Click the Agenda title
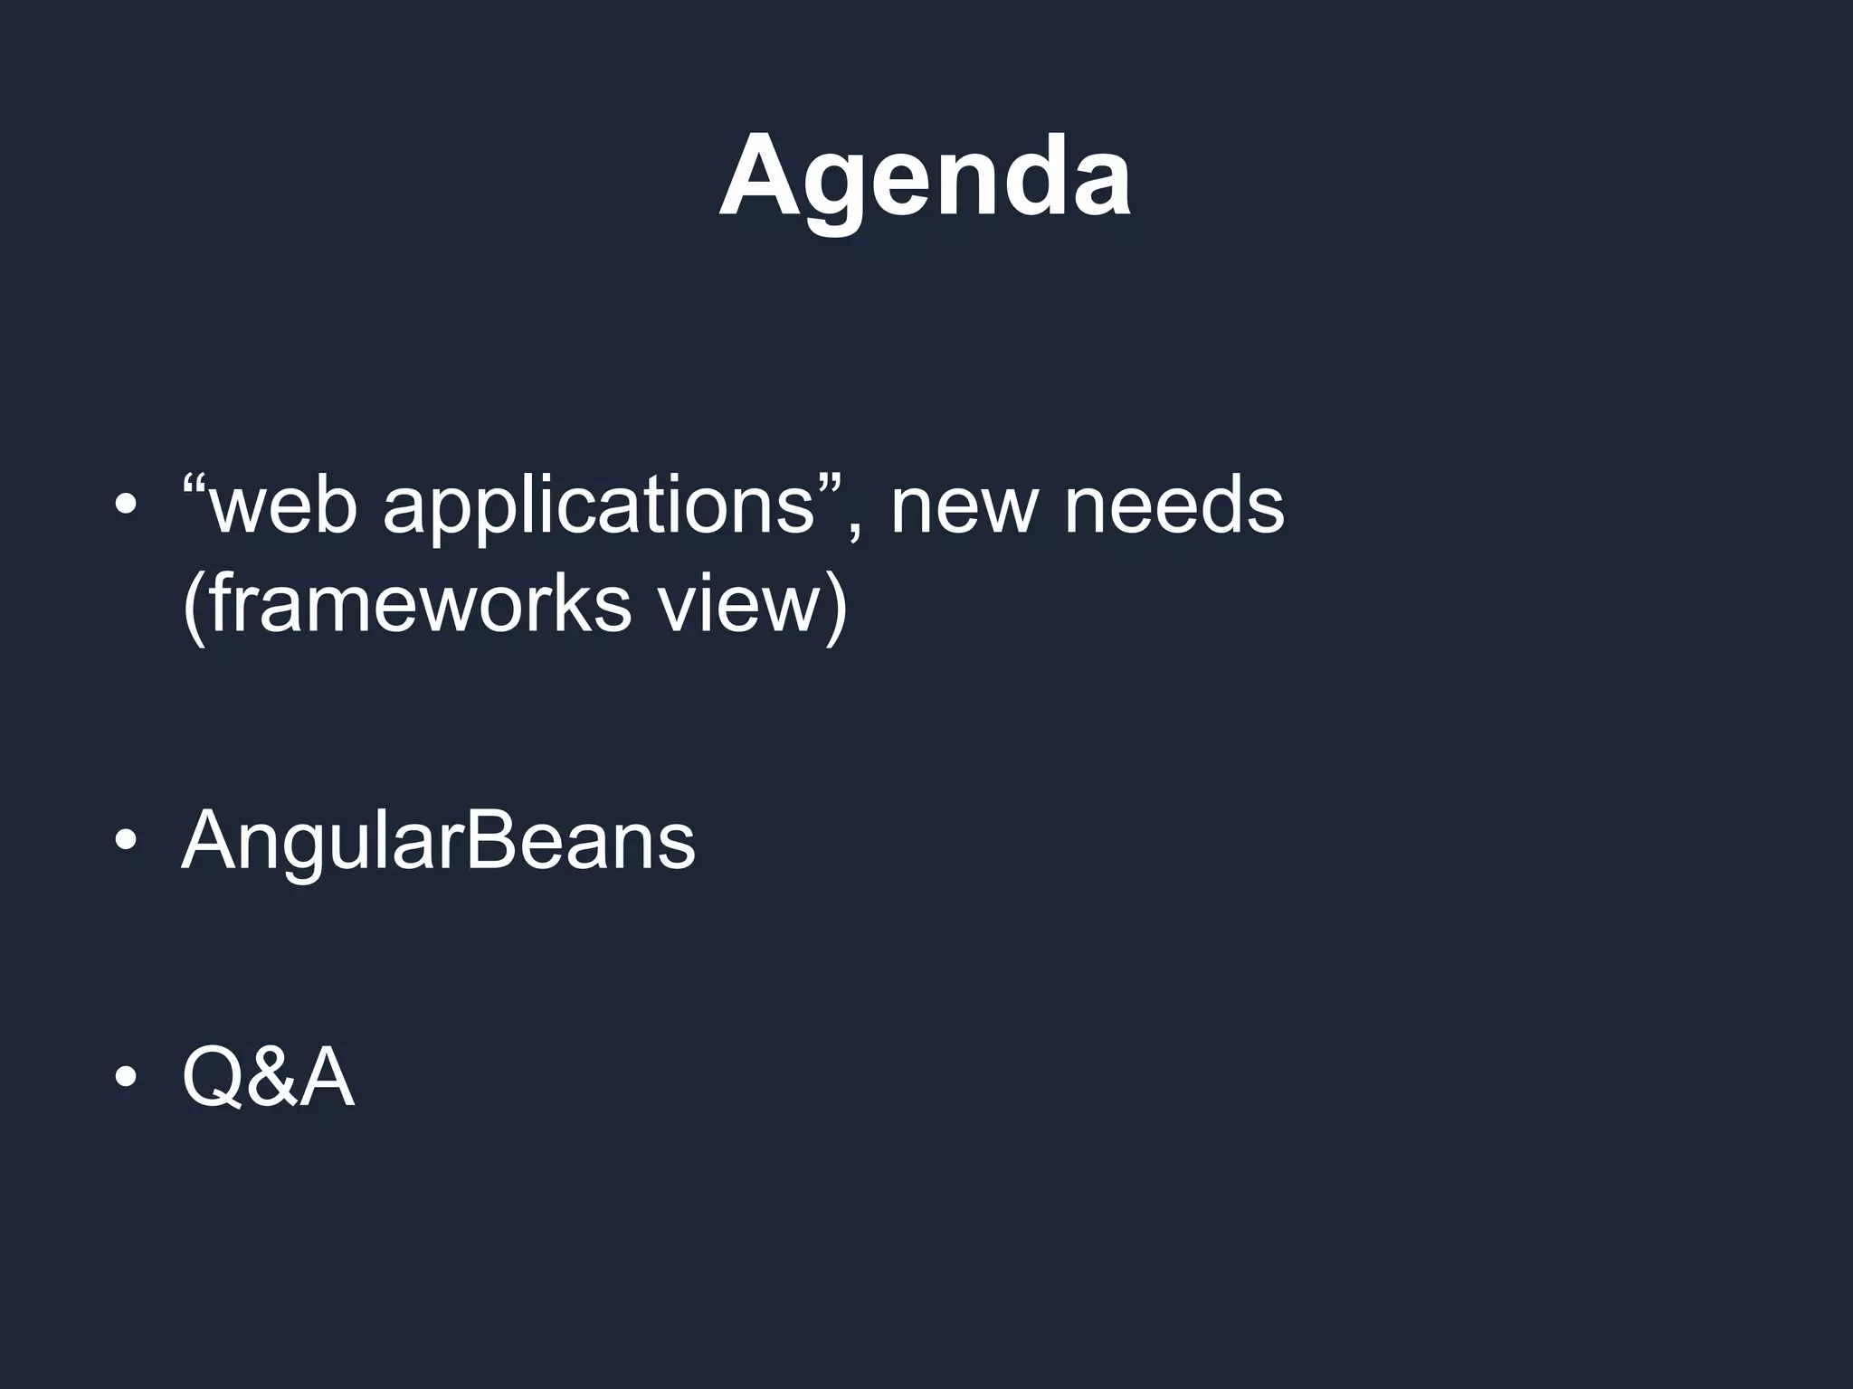click(925, 176)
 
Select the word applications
click(599, 508)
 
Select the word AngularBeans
click(438, 841)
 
